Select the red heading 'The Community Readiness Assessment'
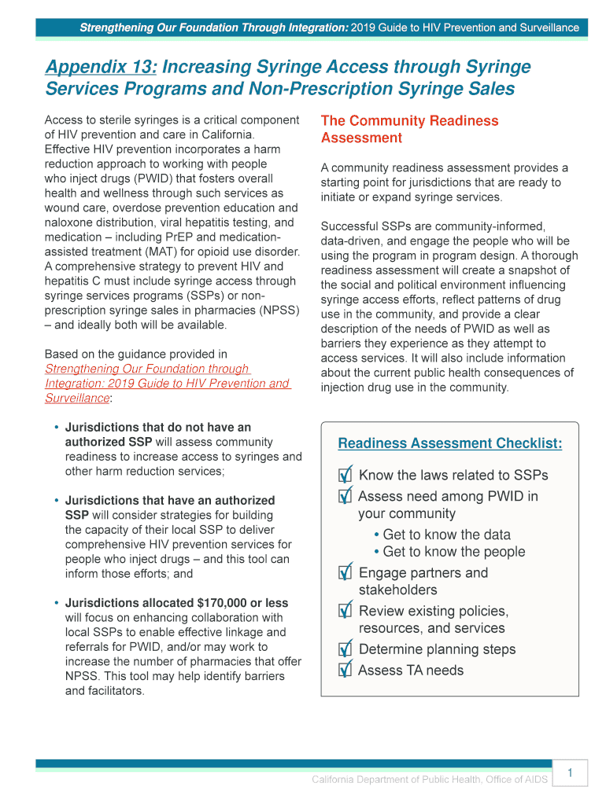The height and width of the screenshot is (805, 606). pos(409,130)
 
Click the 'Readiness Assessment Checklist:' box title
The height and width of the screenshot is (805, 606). pos(449,444)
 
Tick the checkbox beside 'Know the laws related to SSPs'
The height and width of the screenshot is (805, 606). pos(345,476)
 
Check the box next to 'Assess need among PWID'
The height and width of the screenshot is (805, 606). pos(345,498)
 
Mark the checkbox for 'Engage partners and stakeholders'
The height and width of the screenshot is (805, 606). pos(345,574)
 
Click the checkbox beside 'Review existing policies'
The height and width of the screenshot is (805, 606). pos(345,612)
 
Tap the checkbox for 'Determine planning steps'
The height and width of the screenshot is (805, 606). pos(345,650)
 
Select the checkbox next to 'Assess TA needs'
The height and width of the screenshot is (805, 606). pos(345,671)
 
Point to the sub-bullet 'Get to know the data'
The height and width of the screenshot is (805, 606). pos(446,535)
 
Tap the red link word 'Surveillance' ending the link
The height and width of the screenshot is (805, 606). pos(76,399)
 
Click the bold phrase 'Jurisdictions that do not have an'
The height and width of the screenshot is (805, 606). pos(157,428)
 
